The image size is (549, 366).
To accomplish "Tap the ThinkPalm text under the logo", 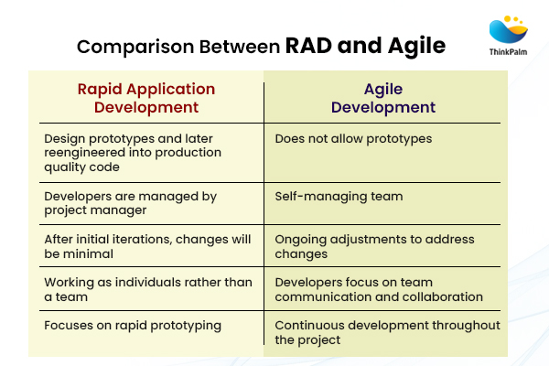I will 508,54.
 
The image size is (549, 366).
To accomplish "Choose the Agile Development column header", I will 382,98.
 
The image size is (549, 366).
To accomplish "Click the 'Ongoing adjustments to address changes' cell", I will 374,246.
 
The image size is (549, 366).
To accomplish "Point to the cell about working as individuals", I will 147,289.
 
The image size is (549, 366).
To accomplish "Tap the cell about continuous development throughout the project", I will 387,331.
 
